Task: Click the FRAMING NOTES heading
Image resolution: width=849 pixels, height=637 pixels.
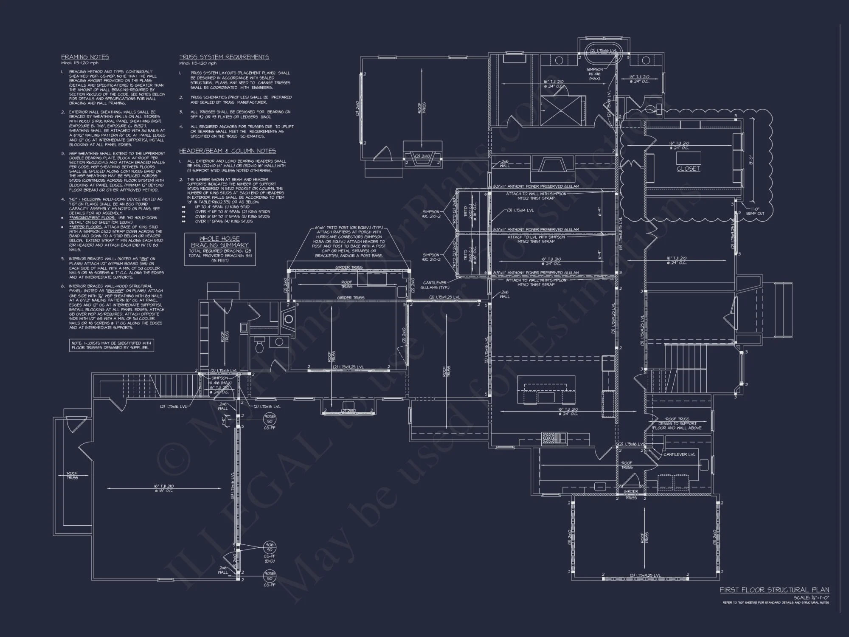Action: [85, 57]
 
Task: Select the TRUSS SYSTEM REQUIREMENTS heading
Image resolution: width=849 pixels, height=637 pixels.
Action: [224, 57]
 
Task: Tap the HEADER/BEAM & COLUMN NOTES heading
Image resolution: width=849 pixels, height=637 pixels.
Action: [227, 151]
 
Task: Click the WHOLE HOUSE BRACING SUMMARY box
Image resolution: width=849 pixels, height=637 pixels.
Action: [219, 249]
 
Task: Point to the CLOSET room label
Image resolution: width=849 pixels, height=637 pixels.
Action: [688, 169]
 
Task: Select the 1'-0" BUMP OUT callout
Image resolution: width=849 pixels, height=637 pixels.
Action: [755, 211]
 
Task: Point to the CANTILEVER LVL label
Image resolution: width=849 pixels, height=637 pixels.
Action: [679, 454]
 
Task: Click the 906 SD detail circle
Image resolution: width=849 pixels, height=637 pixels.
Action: [269, 547]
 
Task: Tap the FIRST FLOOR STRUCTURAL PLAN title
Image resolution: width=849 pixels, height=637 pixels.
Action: [774, 590]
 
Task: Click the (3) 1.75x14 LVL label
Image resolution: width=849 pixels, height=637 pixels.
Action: [520, 210]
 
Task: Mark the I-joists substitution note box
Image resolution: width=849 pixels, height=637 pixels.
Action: [112, 345]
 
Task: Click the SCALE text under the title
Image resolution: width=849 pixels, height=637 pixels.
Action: [811, 598]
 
